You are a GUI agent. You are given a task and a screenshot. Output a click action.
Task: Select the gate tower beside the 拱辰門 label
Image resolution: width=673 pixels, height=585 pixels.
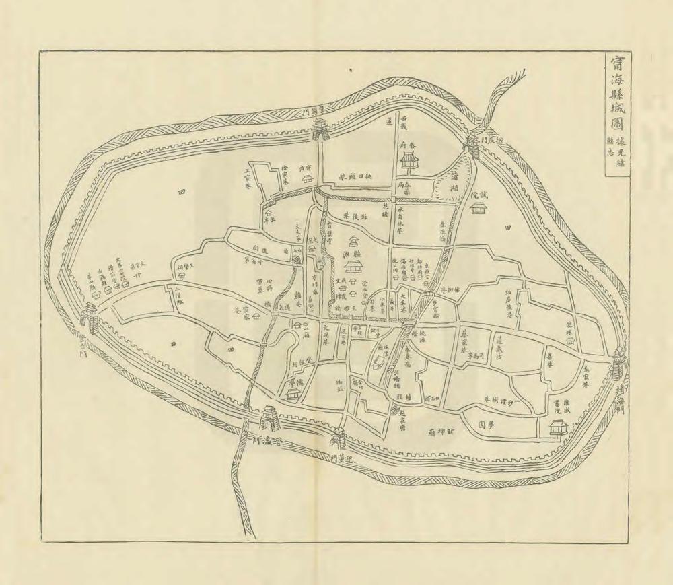point(472,146)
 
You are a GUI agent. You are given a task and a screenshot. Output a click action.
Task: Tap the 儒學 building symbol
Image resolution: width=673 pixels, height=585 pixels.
point(292,395)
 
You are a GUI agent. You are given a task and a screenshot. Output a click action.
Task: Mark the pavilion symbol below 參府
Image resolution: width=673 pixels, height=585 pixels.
point(409,160)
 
